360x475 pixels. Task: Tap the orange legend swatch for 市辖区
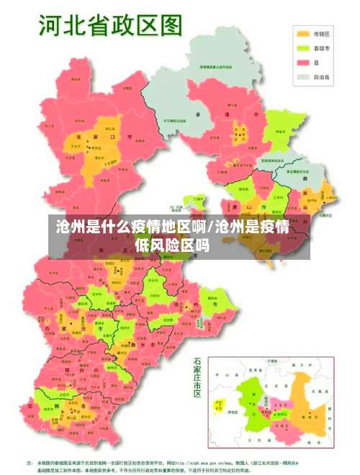(x=303, y=33)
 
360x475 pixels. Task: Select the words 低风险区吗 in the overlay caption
(x=172, y=245)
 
